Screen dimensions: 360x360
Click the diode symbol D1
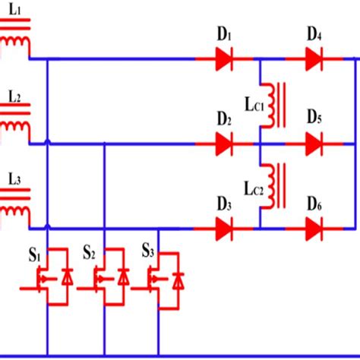223,58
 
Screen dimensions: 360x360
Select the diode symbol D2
223,142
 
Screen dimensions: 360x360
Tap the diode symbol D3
223,226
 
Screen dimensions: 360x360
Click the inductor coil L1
15,42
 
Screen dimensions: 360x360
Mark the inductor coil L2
15,125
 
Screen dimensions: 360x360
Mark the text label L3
15,179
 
